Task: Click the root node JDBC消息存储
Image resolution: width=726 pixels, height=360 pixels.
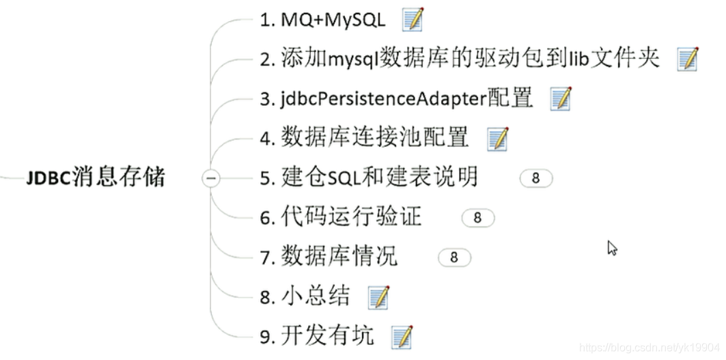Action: click(96, 179)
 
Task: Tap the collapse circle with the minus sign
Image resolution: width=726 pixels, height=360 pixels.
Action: click(211, 179)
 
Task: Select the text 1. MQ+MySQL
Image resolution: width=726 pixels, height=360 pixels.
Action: click(322, 20)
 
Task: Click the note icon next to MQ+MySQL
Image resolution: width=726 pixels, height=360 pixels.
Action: click(413, 20)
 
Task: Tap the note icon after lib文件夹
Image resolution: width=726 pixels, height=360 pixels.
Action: click(688, 59)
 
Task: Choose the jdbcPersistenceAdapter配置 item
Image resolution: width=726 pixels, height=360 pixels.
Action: click(396, 98)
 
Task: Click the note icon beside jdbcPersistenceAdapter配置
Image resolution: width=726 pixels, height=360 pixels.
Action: click(561, 98)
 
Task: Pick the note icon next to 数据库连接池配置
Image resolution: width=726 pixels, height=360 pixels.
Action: click(498, 139)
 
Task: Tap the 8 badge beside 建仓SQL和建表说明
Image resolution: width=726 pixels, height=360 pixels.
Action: click(535, 178)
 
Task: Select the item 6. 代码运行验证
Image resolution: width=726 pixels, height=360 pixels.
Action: click(341, 218)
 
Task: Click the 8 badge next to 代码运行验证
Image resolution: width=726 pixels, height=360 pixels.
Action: click(477, 218)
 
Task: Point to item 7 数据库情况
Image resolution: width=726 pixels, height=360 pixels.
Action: click(329, 258)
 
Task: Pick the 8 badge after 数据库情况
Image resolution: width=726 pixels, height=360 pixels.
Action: click(454, 258)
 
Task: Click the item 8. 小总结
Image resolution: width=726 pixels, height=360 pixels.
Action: click(305, 296)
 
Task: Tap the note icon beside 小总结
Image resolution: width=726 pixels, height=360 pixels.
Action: click(378, 297)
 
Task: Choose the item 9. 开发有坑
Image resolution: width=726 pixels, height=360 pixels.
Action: click(317, 336)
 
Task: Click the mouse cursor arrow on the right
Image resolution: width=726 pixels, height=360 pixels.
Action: click(612, 248)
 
